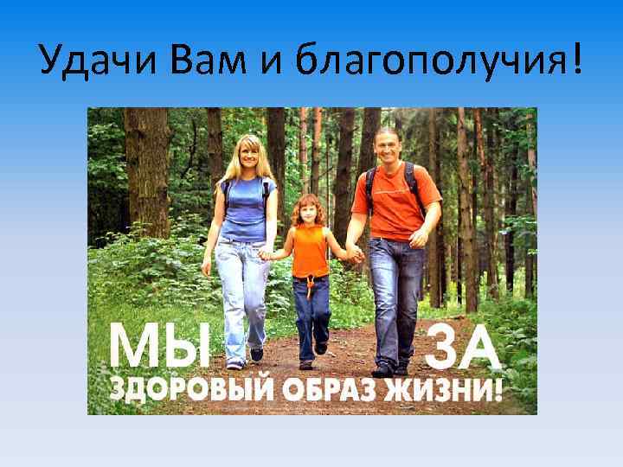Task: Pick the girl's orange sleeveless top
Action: [310, 251]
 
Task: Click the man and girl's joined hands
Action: [353, 254]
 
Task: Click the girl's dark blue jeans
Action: [311, 311]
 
